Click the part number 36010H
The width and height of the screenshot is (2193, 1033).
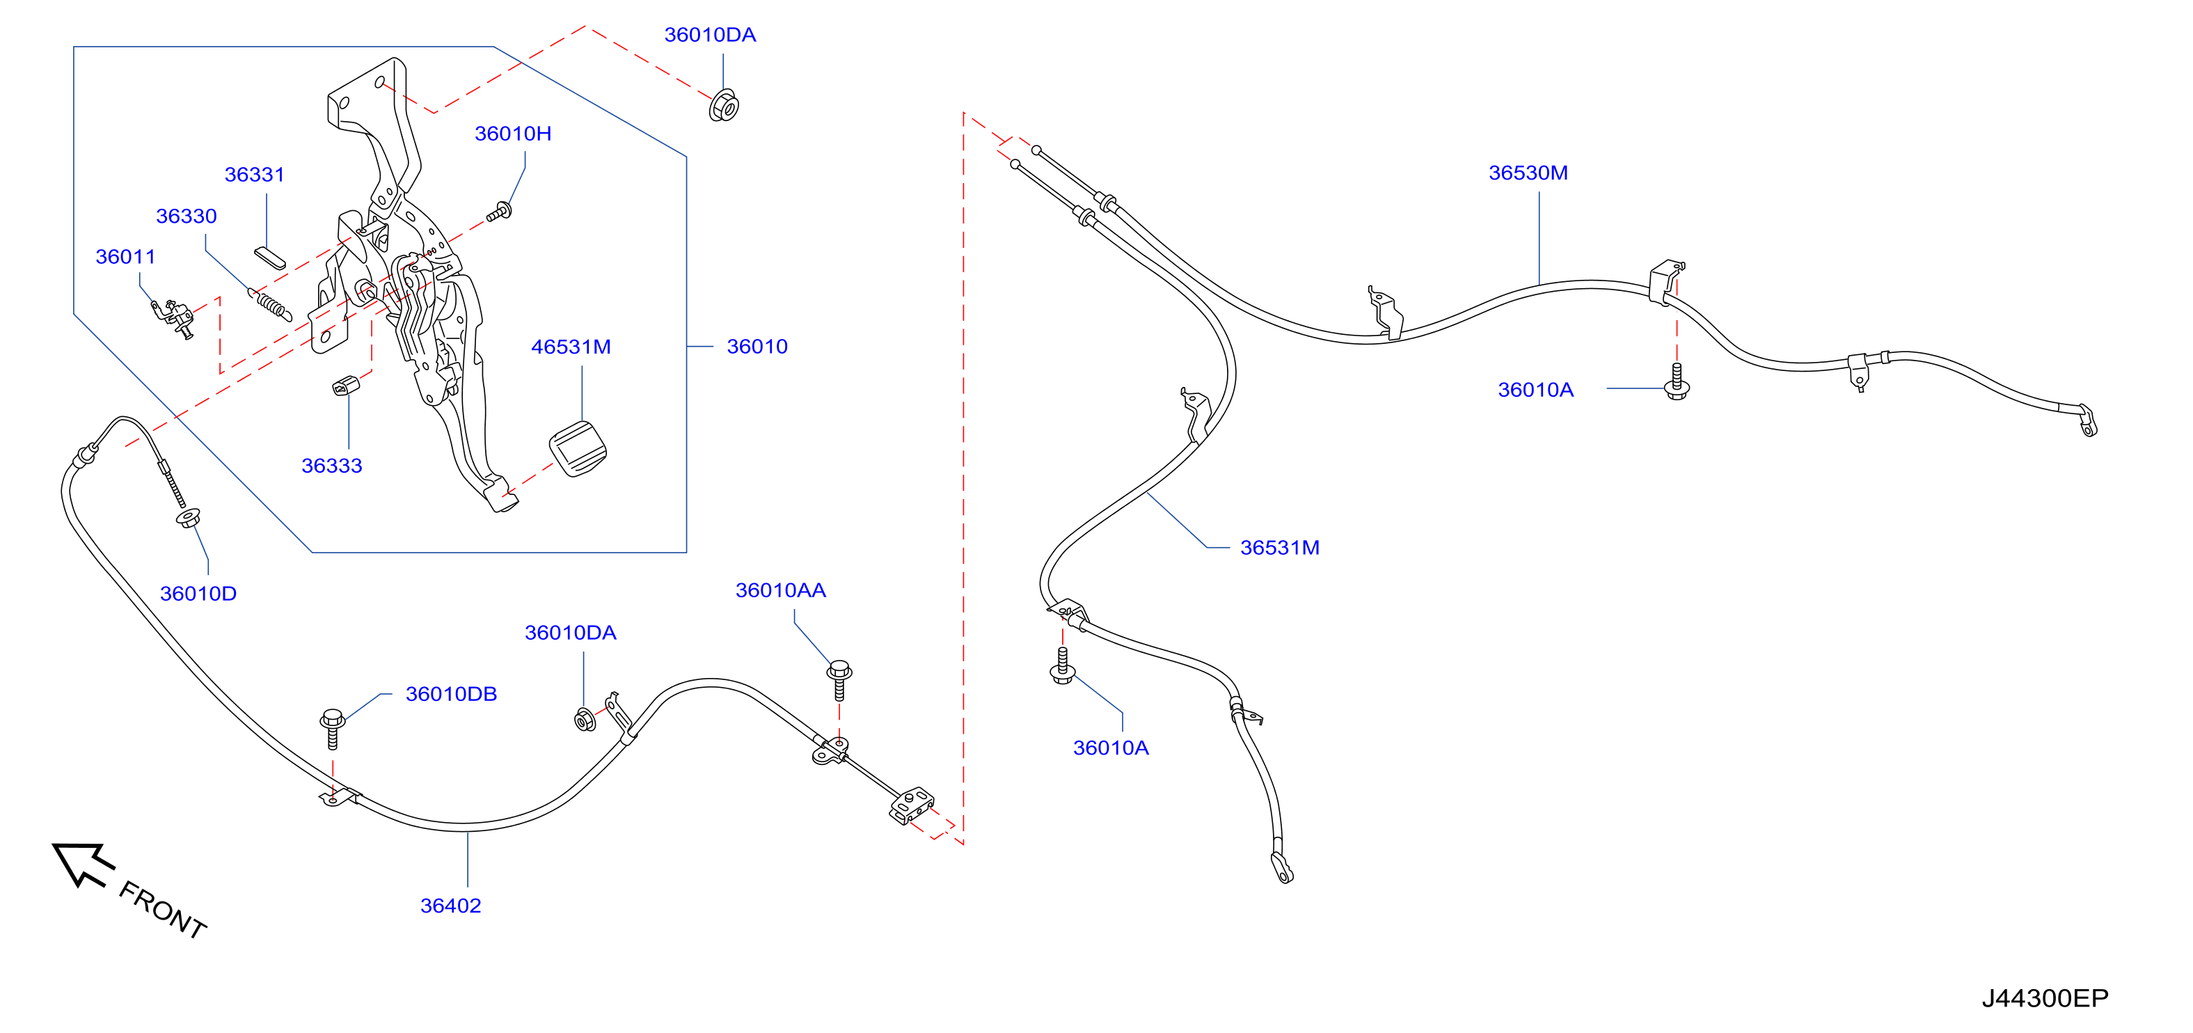[512, 134]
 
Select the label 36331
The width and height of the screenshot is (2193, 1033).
[255, 175]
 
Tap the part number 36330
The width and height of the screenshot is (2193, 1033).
[187, 216]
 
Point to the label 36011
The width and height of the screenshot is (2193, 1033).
[125, 256]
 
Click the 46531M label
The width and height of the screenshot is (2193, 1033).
[571, 347]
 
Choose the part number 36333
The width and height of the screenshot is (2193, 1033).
[332, 466]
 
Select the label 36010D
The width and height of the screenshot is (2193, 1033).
[198, 594]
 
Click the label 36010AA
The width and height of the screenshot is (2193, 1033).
[781, 590]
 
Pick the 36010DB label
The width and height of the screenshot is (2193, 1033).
[451, 694]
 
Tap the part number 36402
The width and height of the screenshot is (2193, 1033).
[451, 905]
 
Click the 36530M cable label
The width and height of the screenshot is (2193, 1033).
[1528, 173]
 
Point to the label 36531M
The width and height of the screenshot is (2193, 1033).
[1279, 548]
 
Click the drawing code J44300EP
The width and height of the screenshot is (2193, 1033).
[2045, 998]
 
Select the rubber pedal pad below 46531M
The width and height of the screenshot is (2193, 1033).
[578, 449]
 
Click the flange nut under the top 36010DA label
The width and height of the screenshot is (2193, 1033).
[724, 106]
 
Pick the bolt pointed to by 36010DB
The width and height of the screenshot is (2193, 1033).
[332, 728]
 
